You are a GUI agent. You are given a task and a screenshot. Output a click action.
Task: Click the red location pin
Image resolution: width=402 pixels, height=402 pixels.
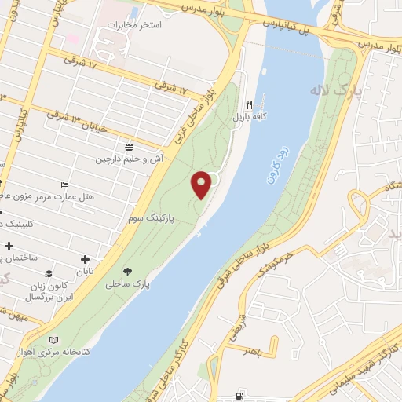(x=203, y=185)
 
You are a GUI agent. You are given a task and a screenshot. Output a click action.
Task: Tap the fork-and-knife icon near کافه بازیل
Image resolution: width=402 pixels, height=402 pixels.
(x=250, y=104)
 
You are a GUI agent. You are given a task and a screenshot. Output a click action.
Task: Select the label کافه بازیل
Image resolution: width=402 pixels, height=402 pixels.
(x=249, y=116)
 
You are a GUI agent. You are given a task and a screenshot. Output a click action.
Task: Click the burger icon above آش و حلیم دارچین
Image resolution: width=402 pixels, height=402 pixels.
(x=130, y=146)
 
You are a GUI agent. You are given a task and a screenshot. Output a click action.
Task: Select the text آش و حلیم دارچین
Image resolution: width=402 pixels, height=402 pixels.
(x=130, y=159)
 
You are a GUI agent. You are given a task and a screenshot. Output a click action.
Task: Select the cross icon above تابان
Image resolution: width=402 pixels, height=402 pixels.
(x=85, y=259)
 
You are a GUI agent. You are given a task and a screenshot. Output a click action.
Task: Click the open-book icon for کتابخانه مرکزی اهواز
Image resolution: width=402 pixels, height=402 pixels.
(x=53, y=339)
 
